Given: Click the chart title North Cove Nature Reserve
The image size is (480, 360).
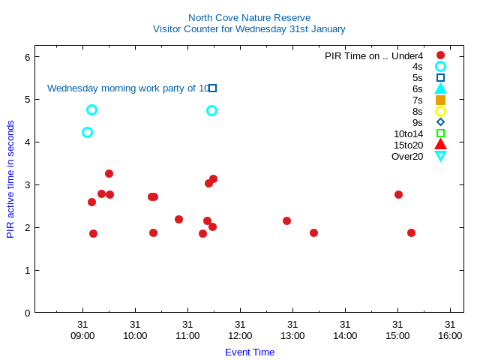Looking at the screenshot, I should click(249, 17).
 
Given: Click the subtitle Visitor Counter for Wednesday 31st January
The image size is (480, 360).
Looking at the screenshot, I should click(249, 29).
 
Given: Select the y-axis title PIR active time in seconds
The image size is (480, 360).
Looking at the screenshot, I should click(10, 179).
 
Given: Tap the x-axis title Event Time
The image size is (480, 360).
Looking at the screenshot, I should click(250, 352).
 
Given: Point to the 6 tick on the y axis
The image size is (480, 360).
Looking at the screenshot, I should click(27, 57).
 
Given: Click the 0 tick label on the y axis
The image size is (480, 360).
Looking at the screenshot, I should click(27, 313).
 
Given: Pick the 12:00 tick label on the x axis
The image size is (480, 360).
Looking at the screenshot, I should click(240, 335).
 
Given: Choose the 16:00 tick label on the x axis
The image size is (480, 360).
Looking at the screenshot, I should click(450, 335).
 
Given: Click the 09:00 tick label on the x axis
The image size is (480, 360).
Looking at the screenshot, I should click(82, 335).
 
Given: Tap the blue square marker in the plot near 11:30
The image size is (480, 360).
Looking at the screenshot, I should click(213, 88).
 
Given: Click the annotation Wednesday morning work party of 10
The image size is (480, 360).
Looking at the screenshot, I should click(128, 88).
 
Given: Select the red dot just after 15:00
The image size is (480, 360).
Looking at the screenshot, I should click(398, 194).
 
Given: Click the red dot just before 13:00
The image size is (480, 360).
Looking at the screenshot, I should click(286, 220).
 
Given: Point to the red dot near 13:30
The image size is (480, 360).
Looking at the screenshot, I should click(313, 232).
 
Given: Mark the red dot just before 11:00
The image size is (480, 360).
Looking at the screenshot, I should click(178, 219).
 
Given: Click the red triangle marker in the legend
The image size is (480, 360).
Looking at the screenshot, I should click(440, 145).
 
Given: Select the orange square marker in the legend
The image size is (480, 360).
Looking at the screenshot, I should click(440, 100).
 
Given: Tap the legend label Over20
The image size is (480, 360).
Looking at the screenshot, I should click(407, 156).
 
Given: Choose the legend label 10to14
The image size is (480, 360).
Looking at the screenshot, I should click(408, 133).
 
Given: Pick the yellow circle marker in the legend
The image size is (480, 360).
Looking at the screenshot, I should click(440, 111).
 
